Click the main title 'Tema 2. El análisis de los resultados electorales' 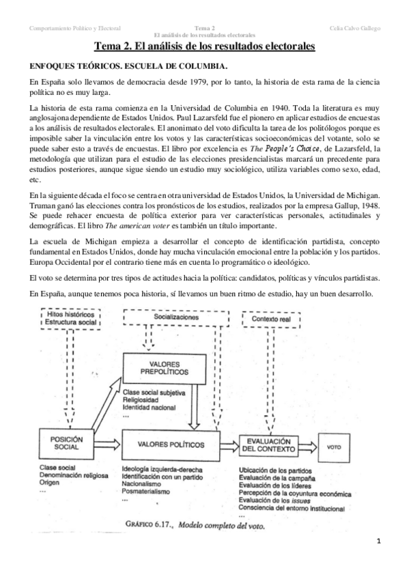[204, 47]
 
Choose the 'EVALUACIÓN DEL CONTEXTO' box [268, 444]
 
